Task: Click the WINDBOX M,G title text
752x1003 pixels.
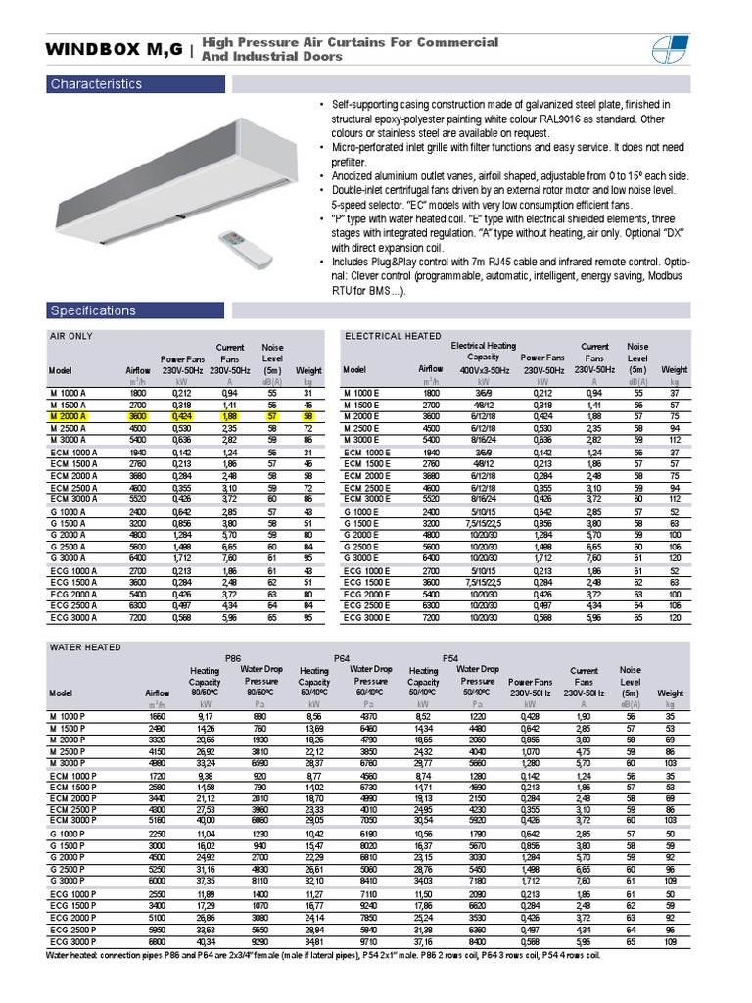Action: (114, 49)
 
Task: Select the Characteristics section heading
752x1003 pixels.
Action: (96, 84)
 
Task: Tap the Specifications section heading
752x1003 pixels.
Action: (93, 310)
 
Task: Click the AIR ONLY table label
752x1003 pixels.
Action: (70, 336)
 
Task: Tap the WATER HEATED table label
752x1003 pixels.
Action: (85, 647)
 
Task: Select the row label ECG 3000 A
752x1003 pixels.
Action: (71, 617)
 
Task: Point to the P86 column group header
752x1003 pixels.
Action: (233, 658)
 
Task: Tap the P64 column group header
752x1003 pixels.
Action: (342, 658)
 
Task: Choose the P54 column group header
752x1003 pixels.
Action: (450, 658)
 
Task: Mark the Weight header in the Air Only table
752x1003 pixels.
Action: (308, 370)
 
